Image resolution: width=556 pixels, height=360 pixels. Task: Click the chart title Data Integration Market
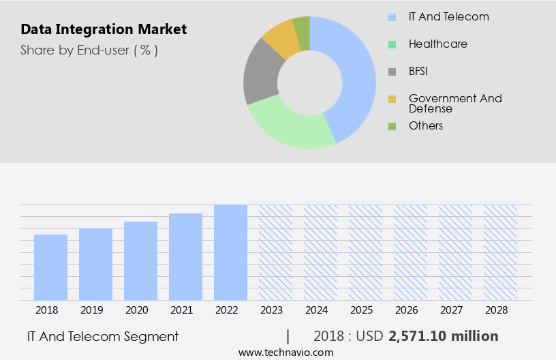click(x=104, y=30)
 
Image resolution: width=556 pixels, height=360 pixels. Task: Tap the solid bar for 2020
click(x=140, y=260)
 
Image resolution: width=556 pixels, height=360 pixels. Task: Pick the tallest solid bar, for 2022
click(x=230, y=252)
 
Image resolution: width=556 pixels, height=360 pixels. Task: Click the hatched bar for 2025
click(x=365, y=252)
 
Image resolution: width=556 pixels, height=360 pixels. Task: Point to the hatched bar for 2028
click(x=500, y=252)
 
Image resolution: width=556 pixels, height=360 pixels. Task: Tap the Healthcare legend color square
click(x=392, y=44)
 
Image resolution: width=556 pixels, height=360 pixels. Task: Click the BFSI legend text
click(x=418, y=71)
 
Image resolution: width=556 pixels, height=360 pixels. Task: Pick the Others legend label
click(x=426, y=125)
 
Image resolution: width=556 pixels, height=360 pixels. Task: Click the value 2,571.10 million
click(x=443, y=336)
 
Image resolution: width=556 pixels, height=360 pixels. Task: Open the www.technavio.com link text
click(x=286, y=352)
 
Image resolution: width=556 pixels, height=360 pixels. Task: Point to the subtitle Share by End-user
click(x=89, y=50)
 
